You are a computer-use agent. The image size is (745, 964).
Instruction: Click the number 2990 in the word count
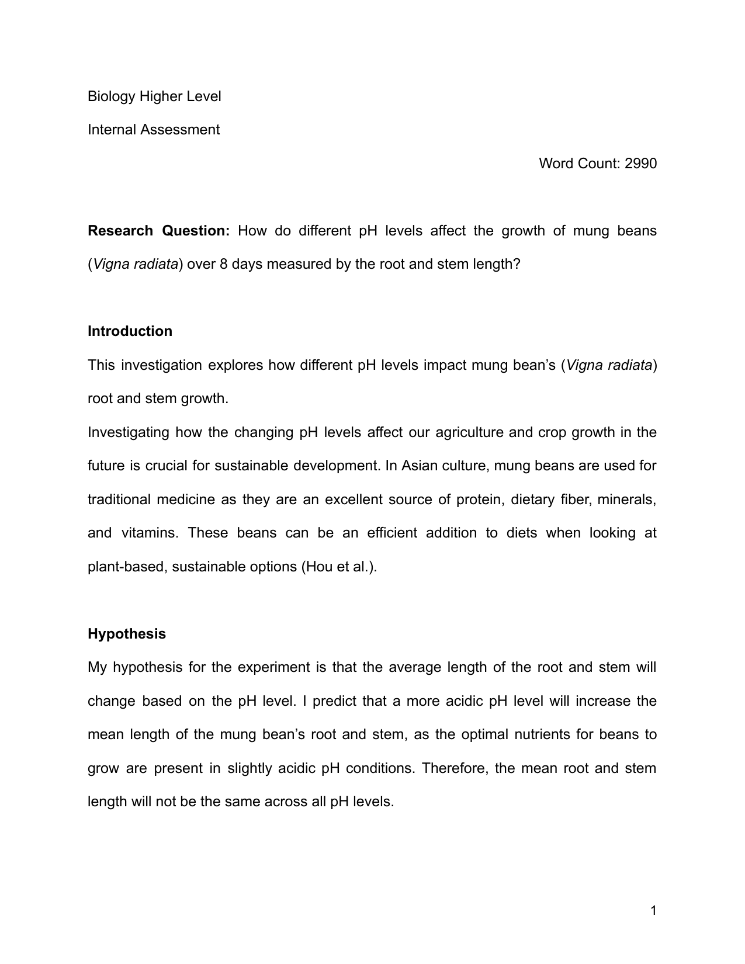coord(640,164)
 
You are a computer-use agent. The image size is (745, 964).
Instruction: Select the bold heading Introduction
coord(130,331)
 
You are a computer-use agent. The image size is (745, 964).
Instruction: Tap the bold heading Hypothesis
coord(127,634)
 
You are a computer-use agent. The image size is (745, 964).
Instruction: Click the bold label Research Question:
coord(159,231)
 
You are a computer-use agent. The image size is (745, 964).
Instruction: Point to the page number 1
coord(653,911)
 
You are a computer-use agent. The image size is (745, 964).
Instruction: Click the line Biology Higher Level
coord(154,96)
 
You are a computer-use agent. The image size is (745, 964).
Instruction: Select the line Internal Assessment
coord(154,130)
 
